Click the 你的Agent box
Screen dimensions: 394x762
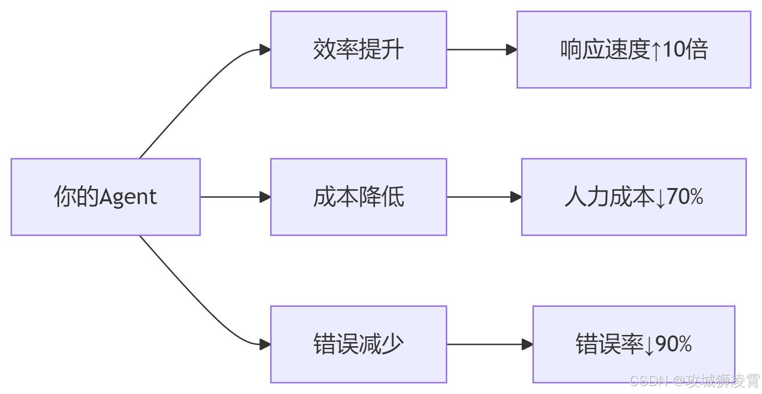point(105,197)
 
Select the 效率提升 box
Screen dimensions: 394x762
point(358,50)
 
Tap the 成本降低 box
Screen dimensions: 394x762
point(358,197)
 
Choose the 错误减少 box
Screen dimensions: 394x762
point(358,344)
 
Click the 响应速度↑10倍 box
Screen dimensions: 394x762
point(634,50)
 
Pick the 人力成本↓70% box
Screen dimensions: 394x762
point(634,197)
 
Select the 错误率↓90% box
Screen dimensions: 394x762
point(634,344)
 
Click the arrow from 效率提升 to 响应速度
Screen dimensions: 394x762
point(481,50)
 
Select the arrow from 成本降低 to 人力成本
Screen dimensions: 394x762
point(483,197)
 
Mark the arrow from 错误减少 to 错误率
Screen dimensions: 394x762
point(489,344)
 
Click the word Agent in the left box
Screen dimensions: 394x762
point(128,197)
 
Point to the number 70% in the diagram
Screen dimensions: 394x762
point(685,197)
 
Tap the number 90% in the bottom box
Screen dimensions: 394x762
point(674,344)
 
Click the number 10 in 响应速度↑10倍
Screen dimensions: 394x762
point(674,50)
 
